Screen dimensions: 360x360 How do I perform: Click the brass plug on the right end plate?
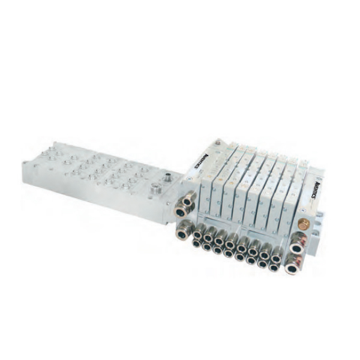pyautogui.click(x=303, y=227)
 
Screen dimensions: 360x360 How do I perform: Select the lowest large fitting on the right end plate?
pyautogui.click(x=293, y=268)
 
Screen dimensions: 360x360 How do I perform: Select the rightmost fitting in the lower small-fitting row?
pyautogui.click(x=273, y=266)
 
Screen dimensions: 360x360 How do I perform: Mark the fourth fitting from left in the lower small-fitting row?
pyautogui.click(x=229, y=253)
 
